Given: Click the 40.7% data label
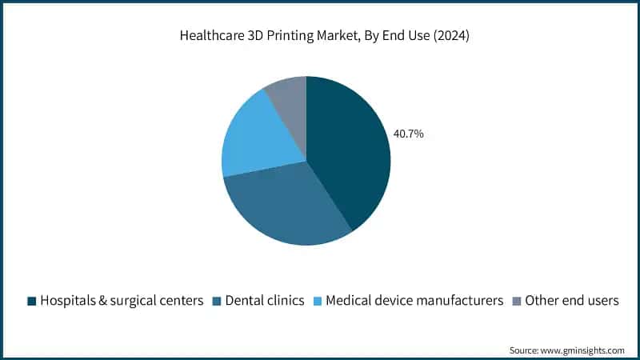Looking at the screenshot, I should pyautogui.click(x=408, y=134).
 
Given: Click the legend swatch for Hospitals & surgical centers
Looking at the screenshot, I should pyautogui.click(x=32, y=301).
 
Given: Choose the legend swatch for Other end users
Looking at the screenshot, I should pyautogui.click(x=516, y=301).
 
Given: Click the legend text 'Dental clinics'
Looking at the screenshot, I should pyautogui.click(x=265, y=301).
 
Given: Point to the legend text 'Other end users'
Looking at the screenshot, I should pyautogui.click(x=572, y=301).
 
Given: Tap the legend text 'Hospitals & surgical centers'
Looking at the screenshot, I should pyautogui.click(x=121, y=301).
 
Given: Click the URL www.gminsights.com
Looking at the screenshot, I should pyautogui.click(x=582, y=350).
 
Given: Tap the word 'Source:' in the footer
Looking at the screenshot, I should pyautogui.click(x=524, y=350).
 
